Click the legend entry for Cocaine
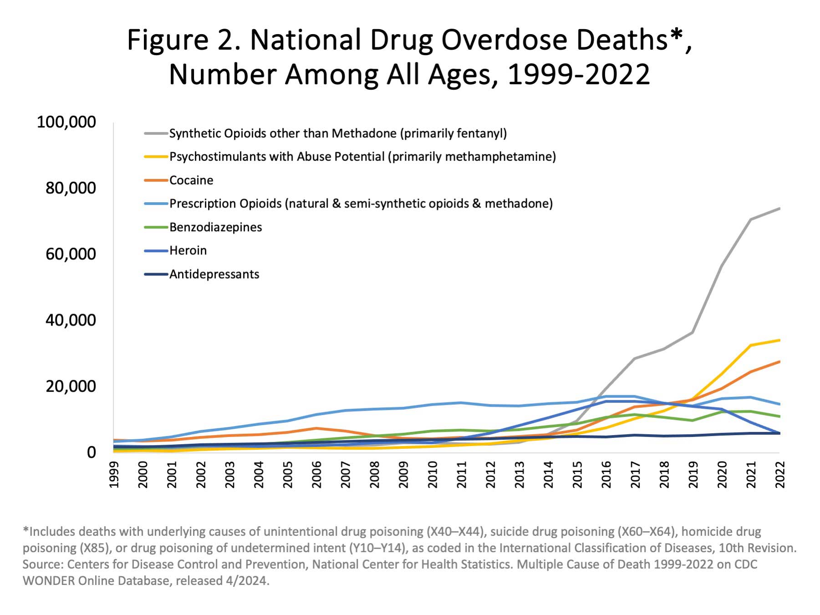click(x=191, y=180)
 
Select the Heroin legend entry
click(x=188, y=250)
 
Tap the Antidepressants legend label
click(x=214, y=274)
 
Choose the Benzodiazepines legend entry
click(x=215, y=227)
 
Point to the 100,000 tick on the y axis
click(x=66, y=122)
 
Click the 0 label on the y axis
click(x=92, y=452)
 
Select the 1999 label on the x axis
click(x=114, y=474)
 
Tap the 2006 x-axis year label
click(x=317, y=474)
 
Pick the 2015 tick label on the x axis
click(x=577, y=474)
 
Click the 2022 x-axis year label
click(x=779, y=474)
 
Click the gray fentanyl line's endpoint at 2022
click(x=779, y=208)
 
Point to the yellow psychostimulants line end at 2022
click(x=779, y=340)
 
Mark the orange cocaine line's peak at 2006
click(x=317, y=428)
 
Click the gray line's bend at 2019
click(x=693, y=333)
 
